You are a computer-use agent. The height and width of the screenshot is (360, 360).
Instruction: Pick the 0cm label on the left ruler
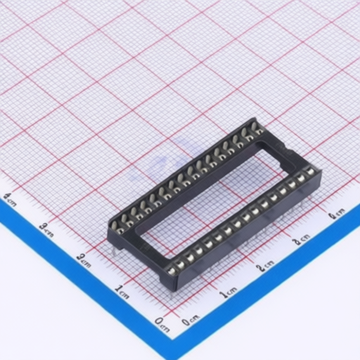tap(161, 322)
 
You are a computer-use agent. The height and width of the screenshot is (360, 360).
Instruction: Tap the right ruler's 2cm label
tap(265, 266)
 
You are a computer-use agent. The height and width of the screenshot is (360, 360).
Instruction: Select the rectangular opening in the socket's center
tap(210, 191)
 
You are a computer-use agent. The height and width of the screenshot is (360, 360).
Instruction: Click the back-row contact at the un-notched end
tap(119, 226)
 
